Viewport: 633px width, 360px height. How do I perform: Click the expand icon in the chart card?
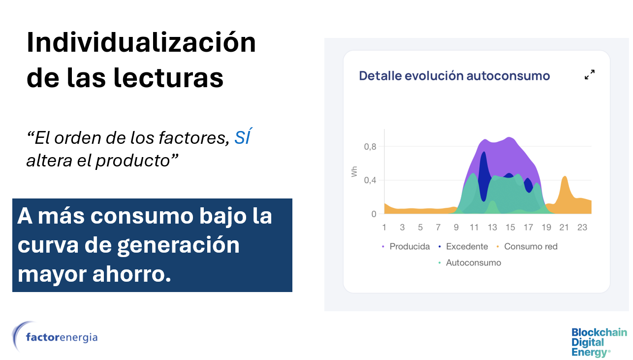590,75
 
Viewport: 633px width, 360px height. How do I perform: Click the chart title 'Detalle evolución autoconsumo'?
454,76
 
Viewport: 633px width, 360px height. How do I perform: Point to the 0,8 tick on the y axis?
370,147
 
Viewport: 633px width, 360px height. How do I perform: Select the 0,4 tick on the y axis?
370,180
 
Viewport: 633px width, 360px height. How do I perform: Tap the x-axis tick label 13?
492,228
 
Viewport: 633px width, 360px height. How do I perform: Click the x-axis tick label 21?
564,228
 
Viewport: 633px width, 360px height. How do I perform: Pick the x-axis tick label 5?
420,228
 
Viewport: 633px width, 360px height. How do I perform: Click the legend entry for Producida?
406,247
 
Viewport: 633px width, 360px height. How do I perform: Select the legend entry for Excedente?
463,247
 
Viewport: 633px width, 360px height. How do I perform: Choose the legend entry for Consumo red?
527,247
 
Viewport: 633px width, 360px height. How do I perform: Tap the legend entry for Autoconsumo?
470,262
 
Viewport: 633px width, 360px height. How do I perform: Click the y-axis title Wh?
354,172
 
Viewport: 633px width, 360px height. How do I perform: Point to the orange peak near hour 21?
565,177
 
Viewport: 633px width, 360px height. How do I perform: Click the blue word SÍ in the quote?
243,137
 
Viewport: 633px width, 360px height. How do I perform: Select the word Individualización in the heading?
141,42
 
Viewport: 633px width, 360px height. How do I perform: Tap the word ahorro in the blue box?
132,274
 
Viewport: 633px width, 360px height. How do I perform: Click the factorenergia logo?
55,336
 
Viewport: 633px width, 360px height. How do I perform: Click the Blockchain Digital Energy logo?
599,342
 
